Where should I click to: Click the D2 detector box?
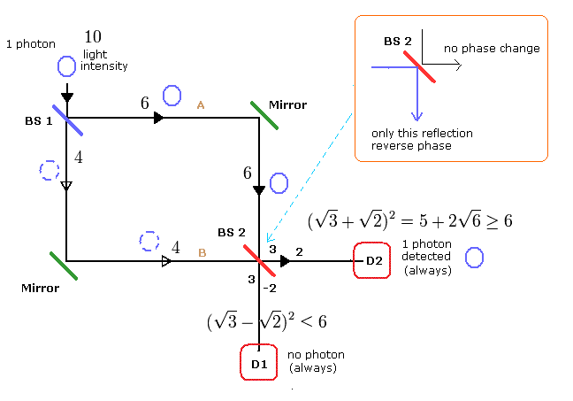(x=371, y=260)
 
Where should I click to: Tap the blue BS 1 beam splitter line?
(x=67, y=120)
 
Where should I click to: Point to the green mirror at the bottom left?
(x=64, y=266)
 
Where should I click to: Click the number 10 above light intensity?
(x=94, y=37)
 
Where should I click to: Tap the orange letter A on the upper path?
(x=201, y=105)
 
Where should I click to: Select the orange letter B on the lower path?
(x=202, y=253)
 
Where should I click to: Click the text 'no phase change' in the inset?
(x=492, y=48)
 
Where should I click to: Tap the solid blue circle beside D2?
(x=474, y=257)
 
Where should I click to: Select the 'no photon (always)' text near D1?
(x=316, y=361)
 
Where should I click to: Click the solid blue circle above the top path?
(x=172, y=94)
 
